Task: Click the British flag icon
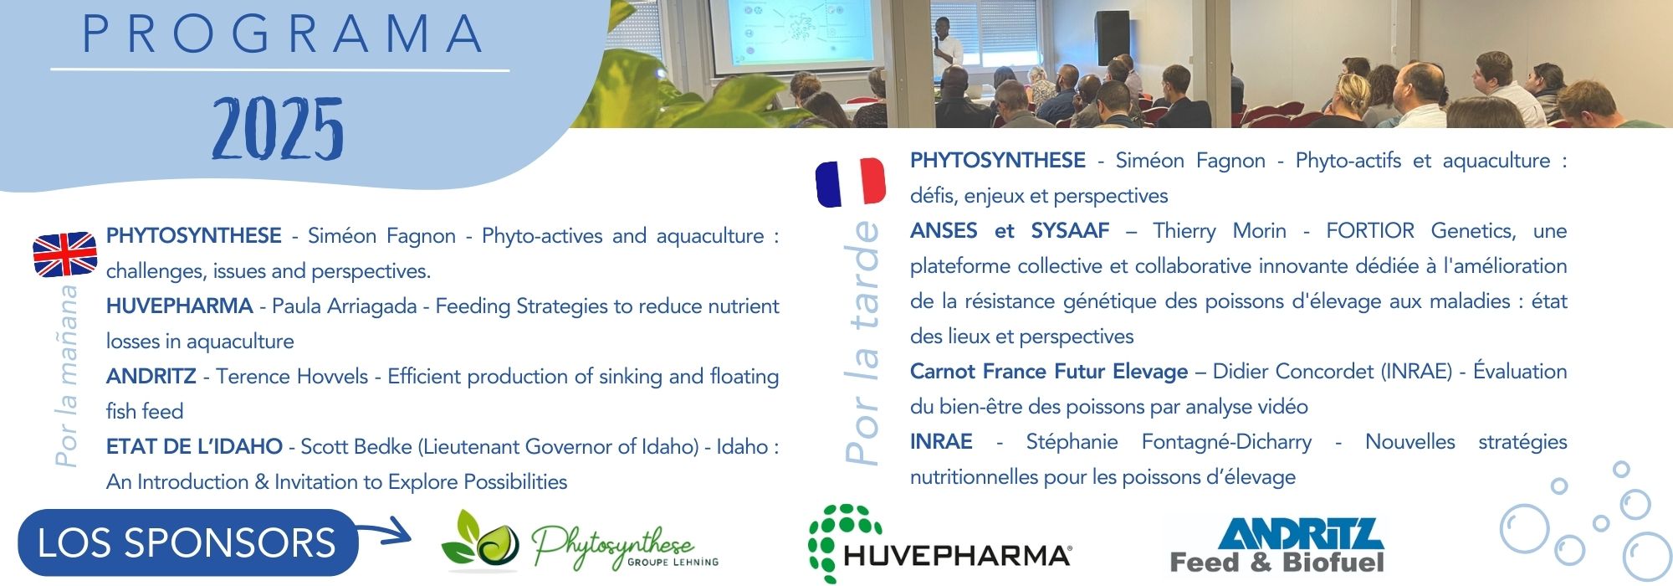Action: pos(64,254)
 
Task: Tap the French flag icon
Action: pos(850,182)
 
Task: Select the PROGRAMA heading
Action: pos(283,34)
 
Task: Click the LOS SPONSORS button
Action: pos(187,542)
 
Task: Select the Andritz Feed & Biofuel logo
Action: pos(1277,545)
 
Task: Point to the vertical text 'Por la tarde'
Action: pos(862,342)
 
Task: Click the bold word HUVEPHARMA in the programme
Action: pos(179,306)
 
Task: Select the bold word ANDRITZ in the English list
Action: pos(151,376)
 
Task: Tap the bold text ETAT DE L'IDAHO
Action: pos(194,446)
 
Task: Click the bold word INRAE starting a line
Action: pos(941,441)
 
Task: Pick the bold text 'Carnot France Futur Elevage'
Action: pos(1049,371)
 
